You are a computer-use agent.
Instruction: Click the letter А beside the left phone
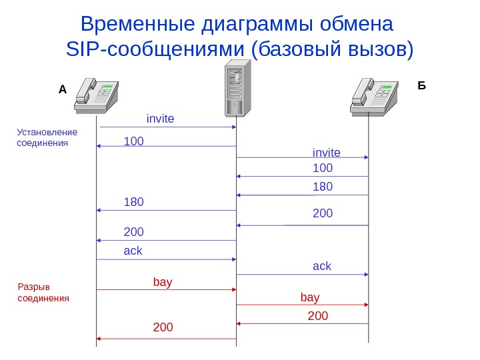[63, 89]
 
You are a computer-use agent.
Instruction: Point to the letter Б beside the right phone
[421, 86]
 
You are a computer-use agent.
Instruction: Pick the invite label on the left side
[160, 119]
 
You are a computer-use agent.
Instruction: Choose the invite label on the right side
[327, 153]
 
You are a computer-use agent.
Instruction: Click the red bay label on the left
[163, 282]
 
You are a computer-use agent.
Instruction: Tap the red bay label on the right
[310, 297]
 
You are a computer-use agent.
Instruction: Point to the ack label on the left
[133, 251]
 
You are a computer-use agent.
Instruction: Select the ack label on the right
[322, 266]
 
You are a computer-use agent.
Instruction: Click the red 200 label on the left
[163, 327]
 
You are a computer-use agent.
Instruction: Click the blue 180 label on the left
[134, 202]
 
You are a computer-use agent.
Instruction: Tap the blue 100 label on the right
[323, 168]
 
